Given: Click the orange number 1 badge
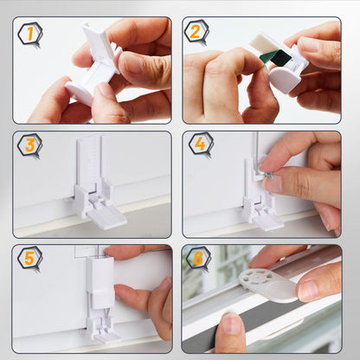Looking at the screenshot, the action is point(29,33).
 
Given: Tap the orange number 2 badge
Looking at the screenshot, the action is point(196,31).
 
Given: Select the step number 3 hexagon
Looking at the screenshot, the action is point(29,145).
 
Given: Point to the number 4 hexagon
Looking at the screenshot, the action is point(201,144).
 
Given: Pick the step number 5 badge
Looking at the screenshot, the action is point(29,258).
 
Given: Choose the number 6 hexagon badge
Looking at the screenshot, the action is point(198,258).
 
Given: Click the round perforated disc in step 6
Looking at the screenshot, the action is point(256,279).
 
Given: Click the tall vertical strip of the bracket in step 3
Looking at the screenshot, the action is point(89,162).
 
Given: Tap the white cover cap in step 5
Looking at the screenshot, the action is point(100,283).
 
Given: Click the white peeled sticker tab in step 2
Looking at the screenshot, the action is point(264,44).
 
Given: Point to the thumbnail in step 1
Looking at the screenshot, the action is point(132,62).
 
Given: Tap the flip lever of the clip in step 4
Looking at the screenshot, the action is point(268,223).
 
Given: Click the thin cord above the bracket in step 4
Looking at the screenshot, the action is point(254,146).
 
